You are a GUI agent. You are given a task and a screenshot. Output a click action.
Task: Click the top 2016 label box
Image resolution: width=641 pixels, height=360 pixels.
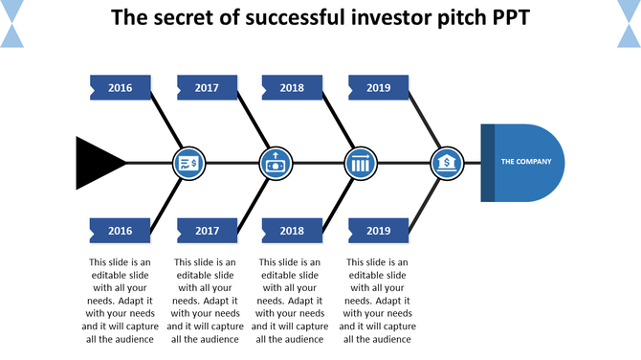pos(121,88)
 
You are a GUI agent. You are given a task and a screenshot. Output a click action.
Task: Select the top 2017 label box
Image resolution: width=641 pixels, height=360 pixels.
pos(207,88)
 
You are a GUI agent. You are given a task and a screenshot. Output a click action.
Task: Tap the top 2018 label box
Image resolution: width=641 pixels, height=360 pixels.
pos(292,88)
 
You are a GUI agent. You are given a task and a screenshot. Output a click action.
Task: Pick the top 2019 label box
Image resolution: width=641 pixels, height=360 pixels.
pos(379,88)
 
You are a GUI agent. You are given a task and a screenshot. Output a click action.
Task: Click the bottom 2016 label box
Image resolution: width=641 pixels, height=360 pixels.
pos(121,231)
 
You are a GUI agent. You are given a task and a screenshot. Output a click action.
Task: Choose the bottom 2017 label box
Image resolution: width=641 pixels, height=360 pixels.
pos(207,231)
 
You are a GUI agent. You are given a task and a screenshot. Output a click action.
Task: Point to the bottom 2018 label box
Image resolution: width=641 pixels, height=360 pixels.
pos(292,231)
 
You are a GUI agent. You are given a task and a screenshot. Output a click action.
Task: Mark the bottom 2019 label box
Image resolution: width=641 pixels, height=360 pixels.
pos(379,231)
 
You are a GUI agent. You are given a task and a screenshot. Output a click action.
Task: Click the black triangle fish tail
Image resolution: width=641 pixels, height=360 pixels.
pos(97,161)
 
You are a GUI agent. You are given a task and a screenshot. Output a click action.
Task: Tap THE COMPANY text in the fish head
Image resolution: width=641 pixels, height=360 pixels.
pos(526,162)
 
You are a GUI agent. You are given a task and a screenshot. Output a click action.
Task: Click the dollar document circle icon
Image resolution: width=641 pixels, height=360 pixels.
pos(189,163)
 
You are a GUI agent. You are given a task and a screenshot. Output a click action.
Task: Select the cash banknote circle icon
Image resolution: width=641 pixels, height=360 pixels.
pos(276,163)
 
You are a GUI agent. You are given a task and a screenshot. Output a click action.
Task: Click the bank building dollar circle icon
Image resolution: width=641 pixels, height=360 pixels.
pos(446,163)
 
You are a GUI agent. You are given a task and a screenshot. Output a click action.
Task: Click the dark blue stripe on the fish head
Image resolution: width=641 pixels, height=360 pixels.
pos(488,162)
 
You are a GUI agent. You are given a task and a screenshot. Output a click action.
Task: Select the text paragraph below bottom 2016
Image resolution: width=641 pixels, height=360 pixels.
pos(121,301)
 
